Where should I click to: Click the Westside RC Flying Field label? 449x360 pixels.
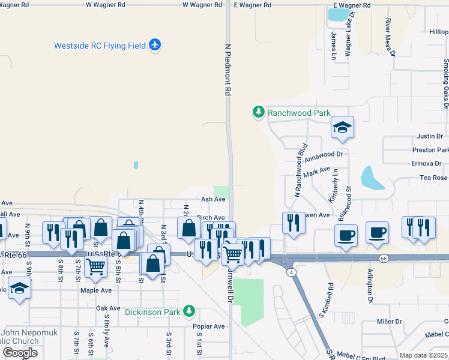click(x=100, y=46)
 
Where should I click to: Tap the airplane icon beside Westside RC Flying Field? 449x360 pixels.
click(x=155, y=45)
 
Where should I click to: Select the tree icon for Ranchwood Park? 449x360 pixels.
click(x=259, y=112)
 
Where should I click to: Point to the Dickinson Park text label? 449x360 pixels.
click(x=153, y=311)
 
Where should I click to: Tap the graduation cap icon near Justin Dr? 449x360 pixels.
click(x=342, y=127)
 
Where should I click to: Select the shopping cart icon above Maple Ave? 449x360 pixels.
click(x=96, y=269)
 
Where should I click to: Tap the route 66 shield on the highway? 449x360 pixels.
click(x=382, y=257)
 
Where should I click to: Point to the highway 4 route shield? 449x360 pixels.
click(x=291, y=272)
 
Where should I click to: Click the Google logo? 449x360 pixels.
click(x=20, y=352)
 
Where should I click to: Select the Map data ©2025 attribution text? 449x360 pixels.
click(x=423, y=355)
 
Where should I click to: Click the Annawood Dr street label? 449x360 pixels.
click(x=323, y=157)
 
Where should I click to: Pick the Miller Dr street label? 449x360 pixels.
click(x=389, y=322)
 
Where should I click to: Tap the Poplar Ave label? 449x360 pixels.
click(x=209, y=326)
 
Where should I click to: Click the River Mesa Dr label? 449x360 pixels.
click(x=390, y=37)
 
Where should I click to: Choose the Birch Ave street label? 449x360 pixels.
click(x=211, y=218)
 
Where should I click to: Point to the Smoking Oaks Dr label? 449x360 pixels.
click(x=445, y=84)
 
